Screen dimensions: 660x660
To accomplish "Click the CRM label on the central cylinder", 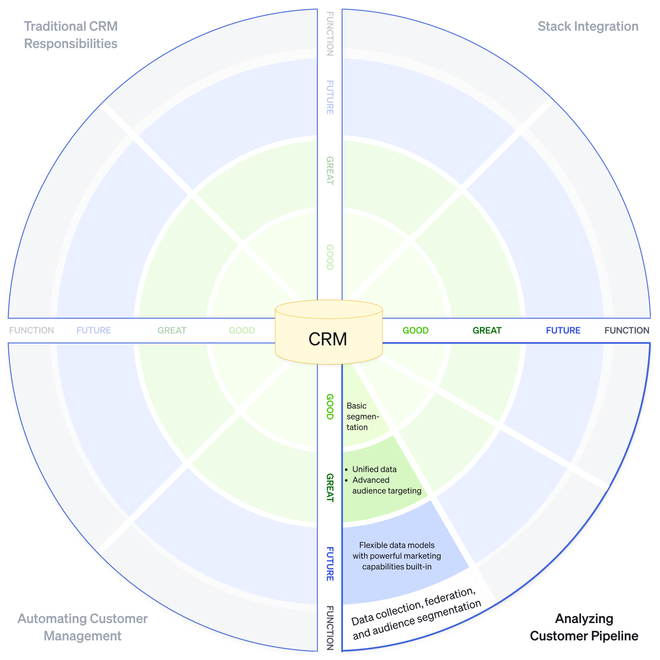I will [x=328, y=339].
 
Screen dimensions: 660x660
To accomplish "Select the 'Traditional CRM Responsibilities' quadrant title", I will [x=71, y=35].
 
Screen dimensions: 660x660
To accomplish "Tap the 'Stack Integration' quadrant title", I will [x=588, y=26].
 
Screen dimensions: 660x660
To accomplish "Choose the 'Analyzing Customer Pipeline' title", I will [x=584, y=627].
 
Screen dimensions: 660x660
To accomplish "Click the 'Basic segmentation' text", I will [x=362, y=416].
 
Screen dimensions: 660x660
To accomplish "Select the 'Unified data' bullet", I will [x=374, y=469].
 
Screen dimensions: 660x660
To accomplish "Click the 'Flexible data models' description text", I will [x=397, y=556].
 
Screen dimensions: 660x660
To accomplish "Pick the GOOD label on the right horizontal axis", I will [x=415, y=330].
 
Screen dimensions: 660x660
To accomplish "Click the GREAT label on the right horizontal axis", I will [x=487, y=330].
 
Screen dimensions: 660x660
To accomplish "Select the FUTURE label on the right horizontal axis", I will [x=563, y=330].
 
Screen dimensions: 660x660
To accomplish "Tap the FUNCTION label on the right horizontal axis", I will [x=627, y=330].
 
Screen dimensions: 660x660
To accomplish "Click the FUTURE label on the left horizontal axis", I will [x=94, y=330].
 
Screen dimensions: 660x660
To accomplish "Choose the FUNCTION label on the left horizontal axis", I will [x=31, y=330].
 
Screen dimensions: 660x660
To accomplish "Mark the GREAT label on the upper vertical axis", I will [x=330, y=171].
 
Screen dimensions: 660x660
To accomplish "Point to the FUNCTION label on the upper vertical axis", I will [x=330, y=33].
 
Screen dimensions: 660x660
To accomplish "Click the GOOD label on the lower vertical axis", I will [x=330, y=407].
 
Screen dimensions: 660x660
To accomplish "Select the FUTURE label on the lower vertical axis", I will [x=330, y=564].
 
